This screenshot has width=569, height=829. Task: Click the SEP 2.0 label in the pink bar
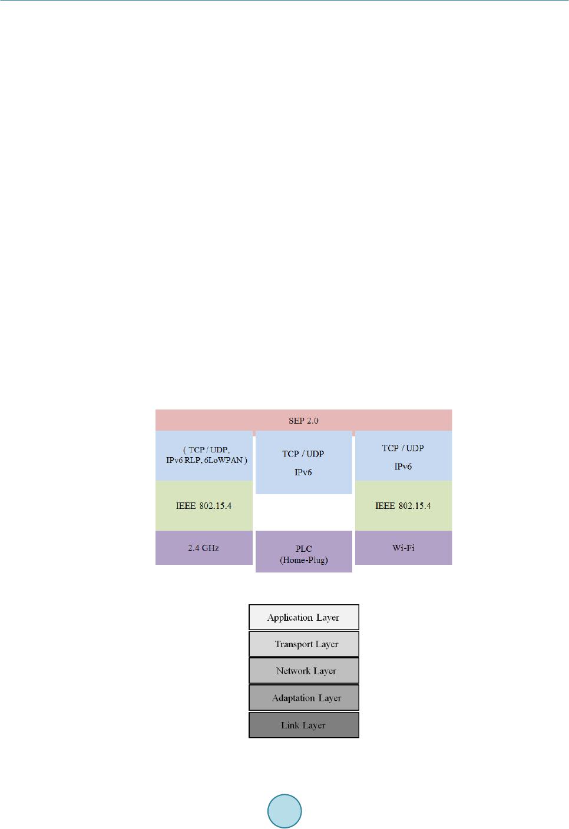pyautogui.click(x=303, y=421)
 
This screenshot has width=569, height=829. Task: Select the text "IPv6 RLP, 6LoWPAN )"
pyautogui.click(x=206, y=460)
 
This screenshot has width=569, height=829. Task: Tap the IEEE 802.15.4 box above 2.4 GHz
pyautogui.click(x=204, y=505)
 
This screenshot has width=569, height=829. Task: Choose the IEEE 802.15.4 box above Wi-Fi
pyautogui.click(x=403, y=505)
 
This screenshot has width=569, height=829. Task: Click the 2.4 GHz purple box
pyautogui.click(x=204, y=548)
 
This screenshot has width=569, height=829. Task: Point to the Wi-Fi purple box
pyautogui.click(x=403, y=548)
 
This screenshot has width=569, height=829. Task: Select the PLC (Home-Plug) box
pyautogui.click(x=304, y=551)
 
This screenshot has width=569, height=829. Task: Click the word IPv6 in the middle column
pyautogui.click(x=303, y=472)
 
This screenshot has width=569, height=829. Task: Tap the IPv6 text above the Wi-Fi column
pyautogui.click(x=403, y=467)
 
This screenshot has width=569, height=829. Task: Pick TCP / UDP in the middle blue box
pyautogui.click(x=303, y=454)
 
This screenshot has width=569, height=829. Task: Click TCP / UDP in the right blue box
pyautogui.click(x=403, y=448)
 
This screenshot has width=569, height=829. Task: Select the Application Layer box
pyautogui.click(x=304, y=617)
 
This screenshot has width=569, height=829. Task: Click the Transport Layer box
pyautogui.click(x=304, y=644)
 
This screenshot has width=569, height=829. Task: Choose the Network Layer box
pyautogui.click(x=304, y=671)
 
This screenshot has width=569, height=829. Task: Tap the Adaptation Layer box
pyautogui.click(x=304, y=698)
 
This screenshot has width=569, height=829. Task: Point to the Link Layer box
pyautogui.click(x=304, y=725)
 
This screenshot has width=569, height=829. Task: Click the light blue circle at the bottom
pyautogui.click(x=284, y=811)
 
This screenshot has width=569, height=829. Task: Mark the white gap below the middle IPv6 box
pyautogui.click(x=304, y=512)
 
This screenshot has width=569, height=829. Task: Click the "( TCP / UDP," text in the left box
pyautogui.click(x=206, y=450)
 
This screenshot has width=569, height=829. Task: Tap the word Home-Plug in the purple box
pyautogui.click(x=303, y=560)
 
